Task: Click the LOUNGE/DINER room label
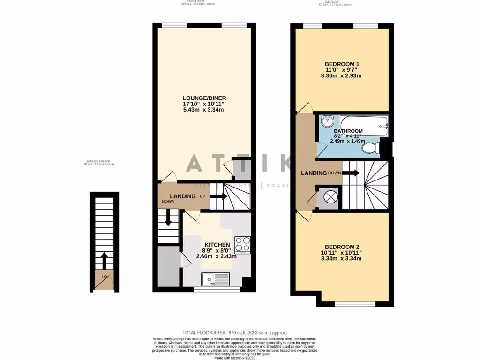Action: pos(204,98)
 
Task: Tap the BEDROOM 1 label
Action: pos(342,64)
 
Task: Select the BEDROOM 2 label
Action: pos(342,247)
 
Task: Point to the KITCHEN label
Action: pos(217,245)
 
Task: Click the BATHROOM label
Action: pos(348,131)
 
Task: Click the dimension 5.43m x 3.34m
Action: pos(204,110)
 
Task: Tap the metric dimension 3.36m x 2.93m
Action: pos(342,75)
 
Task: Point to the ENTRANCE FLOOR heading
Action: pos(99,161)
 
